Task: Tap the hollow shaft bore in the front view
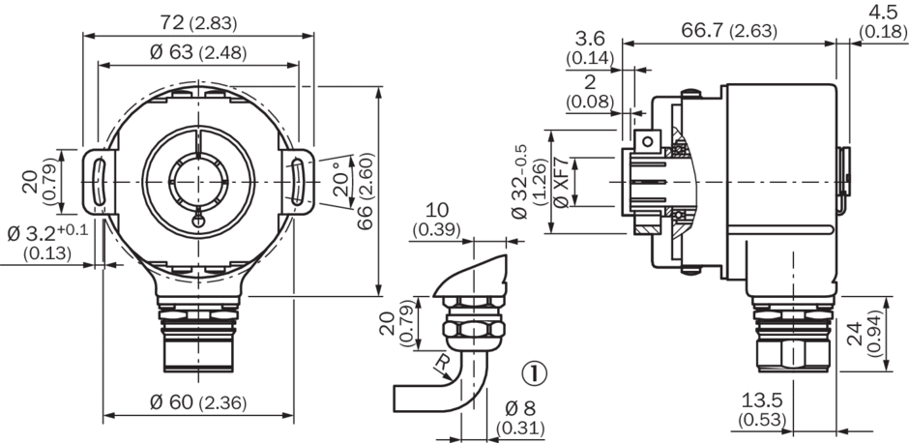pos(197,180)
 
